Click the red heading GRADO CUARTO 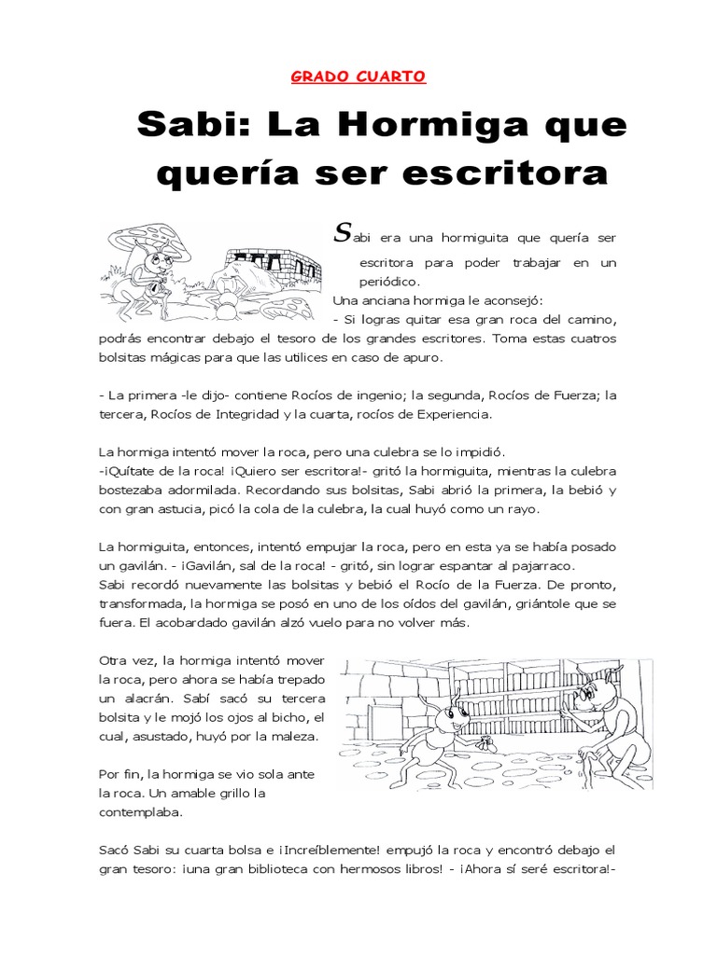click(358, 76)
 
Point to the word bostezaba click(134, 492)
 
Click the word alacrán click(137, 698)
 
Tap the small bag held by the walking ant click(485, 743)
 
